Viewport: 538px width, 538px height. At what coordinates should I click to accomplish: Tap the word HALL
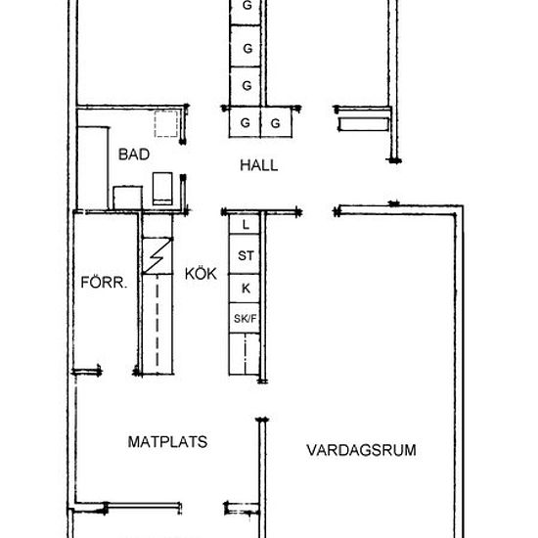click(259, 165)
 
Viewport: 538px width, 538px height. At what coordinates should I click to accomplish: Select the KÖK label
click(200, 273)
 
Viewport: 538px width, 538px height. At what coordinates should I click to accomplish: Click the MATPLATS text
click(168, 441)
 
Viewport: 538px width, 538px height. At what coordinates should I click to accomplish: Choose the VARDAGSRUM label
click(361, 451)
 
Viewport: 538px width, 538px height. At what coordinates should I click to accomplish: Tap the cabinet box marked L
click(245, 225)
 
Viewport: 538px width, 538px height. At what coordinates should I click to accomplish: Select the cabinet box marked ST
click(245, 256)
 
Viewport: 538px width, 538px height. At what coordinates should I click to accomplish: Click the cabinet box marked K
click(245, 288)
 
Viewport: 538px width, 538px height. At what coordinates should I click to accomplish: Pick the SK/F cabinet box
click(245, 318)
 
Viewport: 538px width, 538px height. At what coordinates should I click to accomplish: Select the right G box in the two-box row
click(276, 122)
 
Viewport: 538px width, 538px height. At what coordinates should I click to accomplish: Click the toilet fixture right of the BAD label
click(163, 186)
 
